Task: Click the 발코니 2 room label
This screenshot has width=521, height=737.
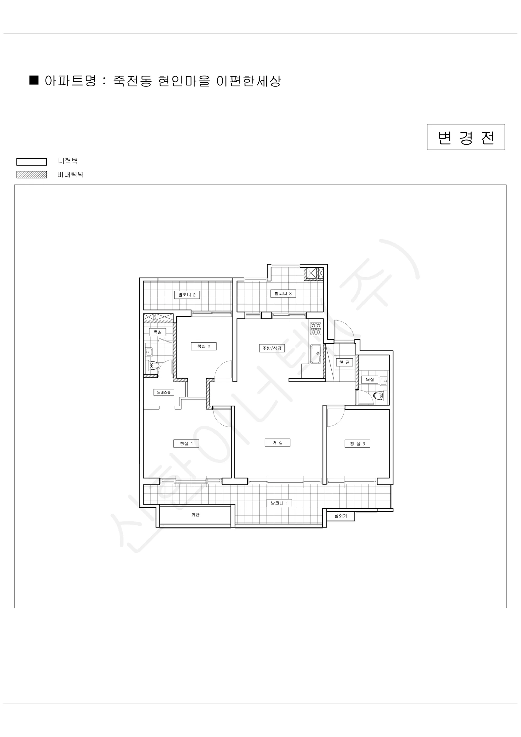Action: pos(187,295)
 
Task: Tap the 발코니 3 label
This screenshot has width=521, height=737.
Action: pos(283,293)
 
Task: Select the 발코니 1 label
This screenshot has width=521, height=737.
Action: pos(279,503)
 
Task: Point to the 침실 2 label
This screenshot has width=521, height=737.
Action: pos(204,346)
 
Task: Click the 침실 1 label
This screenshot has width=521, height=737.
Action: pos(186,444)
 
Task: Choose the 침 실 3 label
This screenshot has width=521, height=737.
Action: pos(357,444)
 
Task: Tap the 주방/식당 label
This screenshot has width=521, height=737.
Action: pos(272,348)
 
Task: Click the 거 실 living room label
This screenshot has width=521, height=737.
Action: pos(277,443)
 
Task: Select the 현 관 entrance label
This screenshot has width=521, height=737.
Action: pos(344,362)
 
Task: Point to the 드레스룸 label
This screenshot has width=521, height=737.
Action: pos(164,392)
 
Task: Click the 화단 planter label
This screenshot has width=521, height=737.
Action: pos(195,515)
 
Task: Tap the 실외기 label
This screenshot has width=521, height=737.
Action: pos(341,516)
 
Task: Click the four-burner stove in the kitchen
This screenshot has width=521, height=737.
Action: pos(316,329)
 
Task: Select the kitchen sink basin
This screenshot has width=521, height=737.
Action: pos(316,354)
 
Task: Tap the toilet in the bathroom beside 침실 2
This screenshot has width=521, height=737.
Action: pos(154,365)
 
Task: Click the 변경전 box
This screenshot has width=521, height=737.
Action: pos(466,137)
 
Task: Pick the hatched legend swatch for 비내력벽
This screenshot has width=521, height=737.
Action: pos(32,175)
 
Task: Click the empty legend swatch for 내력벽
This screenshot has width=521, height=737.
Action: pos(32,162)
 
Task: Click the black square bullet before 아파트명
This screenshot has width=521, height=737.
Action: pos(34,80)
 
